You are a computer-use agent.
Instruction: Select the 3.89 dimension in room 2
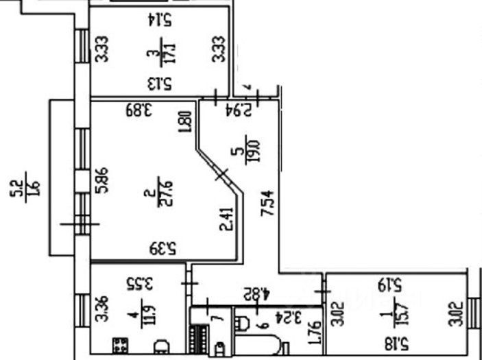pos(138,108)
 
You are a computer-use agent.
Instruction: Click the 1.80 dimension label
pos(182,121)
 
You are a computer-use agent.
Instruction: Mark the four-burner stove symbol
pos(121,343)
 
